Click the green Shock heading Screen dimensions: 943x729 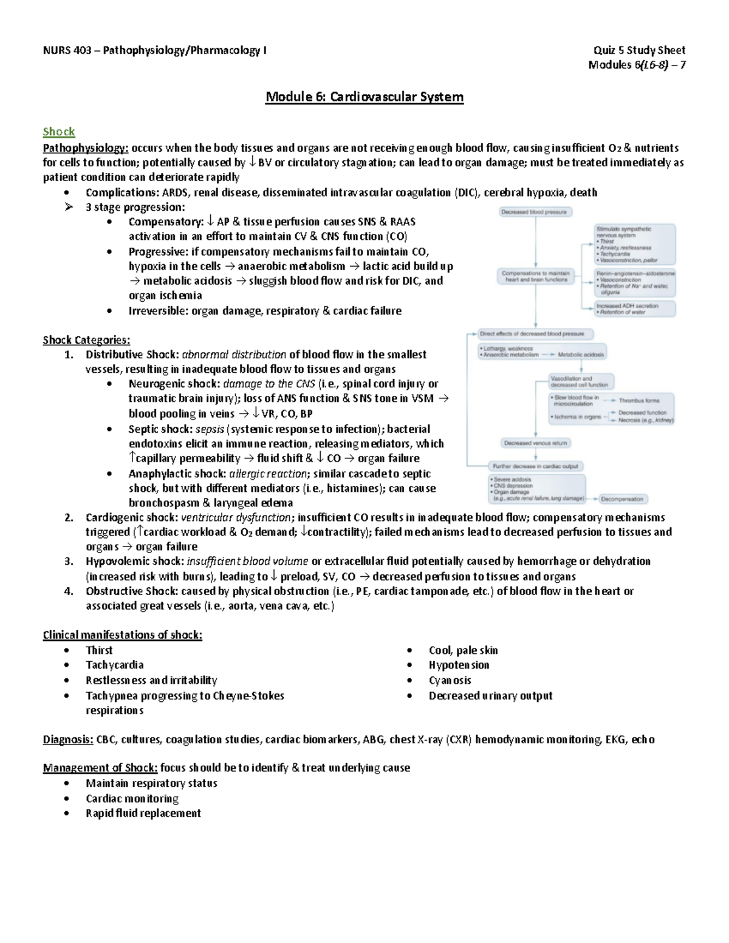tap(58, 132)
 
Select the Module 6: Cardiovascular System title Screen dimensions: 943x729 tap(364, 97)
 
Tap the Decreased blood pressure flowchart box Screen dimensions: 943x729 tap(535, 212)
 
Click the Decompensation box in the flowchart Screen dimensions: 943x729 tap(623, 499)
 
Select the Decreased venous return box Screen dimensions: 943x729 tap(535, 443)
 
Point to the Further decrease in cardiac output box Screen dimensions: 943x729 tap(536, 466)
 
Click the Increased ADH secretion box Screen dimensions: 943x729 tap(634, 308)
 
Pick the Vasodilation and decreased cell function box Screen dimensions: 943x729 tap(580, 381)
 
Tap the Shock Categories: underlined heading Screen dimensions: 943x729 tap(86, 340)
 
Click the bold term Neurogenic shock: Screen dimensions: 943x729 tap(174, 384)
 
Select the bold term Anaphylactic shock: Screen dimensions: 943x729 tap(177, 474)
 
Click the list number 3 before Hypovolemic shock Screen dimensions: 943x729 tap(69, 562)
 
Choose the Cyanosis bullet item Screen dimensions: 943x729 tap(450, 680)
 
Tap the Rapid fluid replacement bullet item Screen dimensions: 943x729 tap(143, 813)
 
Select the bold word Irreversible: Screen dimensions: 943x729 tap(158, 311)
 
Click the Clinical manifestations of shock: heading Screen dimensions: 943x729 tap(122, 635)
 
